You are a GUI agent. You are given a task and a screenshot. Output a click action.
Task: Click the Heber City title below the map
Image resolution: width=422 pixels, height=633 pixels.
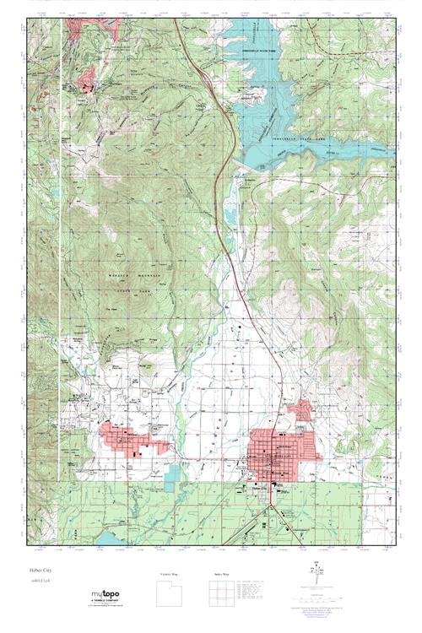(x=41, y=571)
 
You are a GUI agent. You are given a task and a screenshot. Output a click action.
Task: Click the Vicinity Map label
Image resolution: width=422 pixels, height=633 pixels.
(x=170, y=574)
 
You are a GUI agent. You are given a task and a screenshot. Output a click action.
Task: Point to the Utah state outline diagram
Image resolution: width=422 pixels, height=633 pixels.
(x=170, y=594)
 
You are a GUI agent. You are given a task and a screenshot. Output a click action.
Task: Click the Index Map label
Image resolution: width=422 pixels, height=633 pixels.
(x=218, y=574)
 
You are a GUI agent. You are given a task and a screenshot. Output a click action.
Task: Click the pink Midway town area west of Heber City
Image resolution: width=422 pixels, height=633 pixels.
(x=135, y=439)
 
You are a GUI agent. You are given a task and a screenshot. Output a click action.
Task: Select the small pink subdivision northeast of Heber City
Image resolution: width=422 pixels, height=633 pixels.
(x=300, y=411)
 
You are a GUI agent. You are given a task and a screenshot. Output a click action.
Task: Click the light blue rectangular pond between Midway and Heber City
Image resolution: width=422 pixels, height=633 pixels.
(x=173, y=474)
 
